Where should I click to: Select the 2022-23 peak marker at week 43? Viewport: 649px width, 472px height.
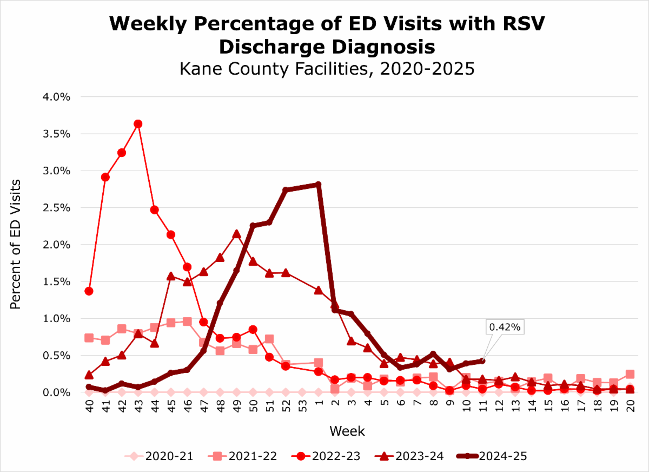click(x=138, y=124)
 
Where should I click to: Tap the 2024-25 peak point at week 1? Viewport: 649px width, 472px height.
click(x=318, y=185)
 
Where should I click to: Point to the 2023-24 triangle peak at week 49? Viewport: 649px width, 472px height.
click(x=236, y=234)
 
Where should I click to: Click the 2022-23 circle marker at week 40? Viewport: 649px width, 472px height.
click(x=89, y=291)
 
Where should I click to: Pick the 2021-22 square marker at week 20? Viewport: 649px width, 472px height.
click(x=630, y=374)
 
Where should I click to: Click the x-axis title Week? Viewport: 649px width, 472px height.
click(x=347, y=431)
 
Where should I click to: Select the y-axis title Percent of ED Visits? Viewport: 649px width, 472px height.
click(x=16, y=244)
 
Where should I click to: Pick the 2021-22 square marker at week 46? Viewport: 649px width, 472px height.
click(x=187, y=322)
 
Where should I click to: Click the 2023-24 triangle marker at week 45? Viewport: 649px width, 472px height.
click(x=171, y=276)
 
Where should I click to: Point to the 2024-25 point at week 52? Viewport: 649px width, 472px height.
click(x=286, y=190)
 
